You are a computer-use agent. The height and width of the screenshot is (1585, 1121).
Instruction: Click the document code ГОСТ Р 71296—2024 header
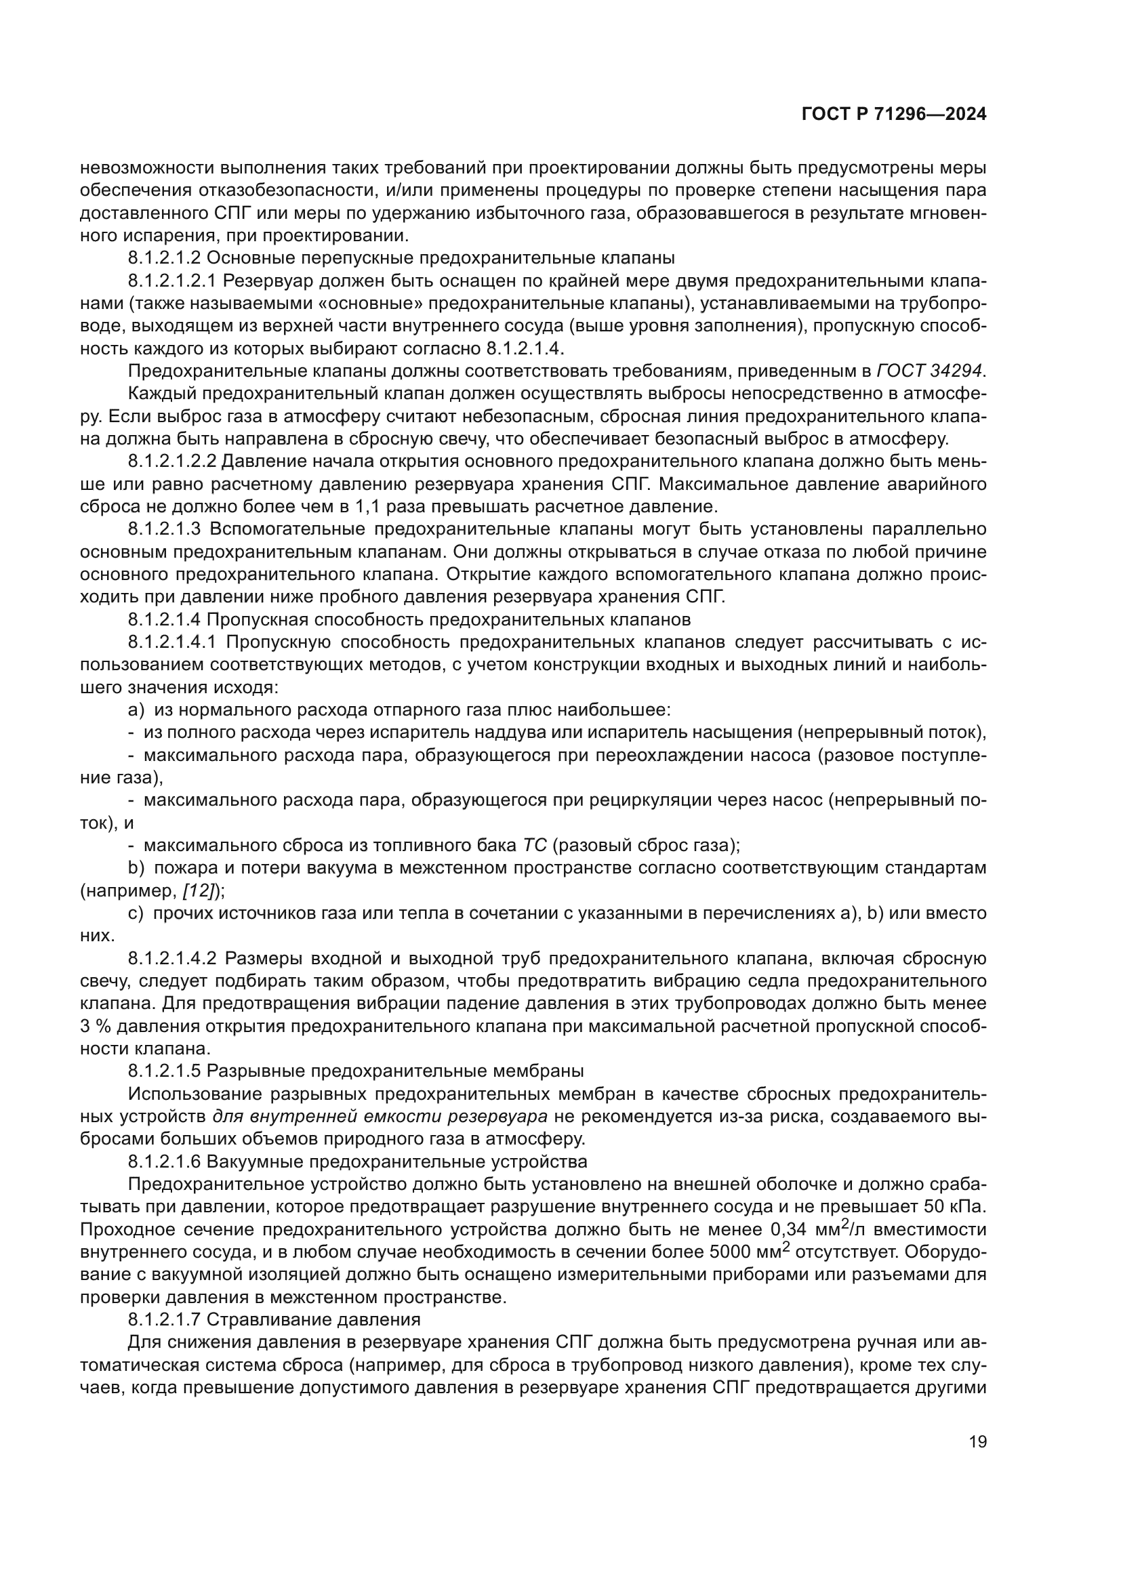click(x=894, y=115)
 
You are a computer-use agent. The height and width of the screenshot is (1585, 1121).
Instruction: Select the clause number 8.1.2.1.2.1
click(x=173, y=281)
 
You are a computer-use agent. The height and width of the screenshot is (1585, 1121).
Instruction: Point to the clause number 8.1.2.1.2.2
click(x=173, y=462)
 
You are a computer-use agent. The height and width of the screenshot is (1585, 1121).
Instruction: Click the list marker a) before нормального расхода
click(x=136, y=709)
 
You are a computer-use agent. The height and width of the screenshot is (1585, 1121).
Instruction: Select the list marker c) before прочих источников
click(x=136, y=913)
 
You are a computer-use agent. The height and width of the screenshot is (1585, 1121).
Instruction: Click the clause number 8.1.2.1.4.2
click(x=173, y=958)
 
